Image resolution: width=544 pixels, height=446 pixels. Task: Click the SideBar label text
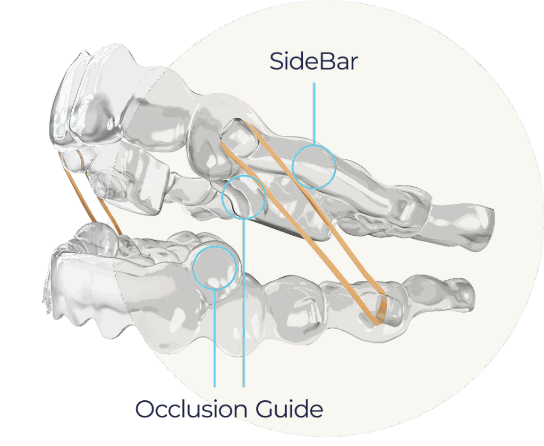[313, 62]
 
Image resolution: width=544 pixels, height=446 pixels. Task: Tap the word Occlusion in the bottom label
[190, 409]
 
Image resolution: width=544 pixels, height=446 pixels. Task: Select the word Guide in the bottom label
[289, 409]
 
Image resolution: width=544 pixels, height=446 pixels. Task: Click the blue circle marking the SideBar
[314, 166]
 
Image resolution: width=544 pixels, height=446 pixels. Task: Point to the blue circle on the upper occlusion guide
[243, 196]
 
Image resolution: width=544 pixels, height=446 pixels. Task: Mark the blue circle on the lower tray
[215, 268]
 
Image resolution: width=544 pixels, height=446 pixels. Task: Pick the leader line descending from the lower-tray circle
[215, 340]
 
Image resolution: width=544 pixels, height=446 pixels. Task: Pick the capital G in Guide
[266, 409]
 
